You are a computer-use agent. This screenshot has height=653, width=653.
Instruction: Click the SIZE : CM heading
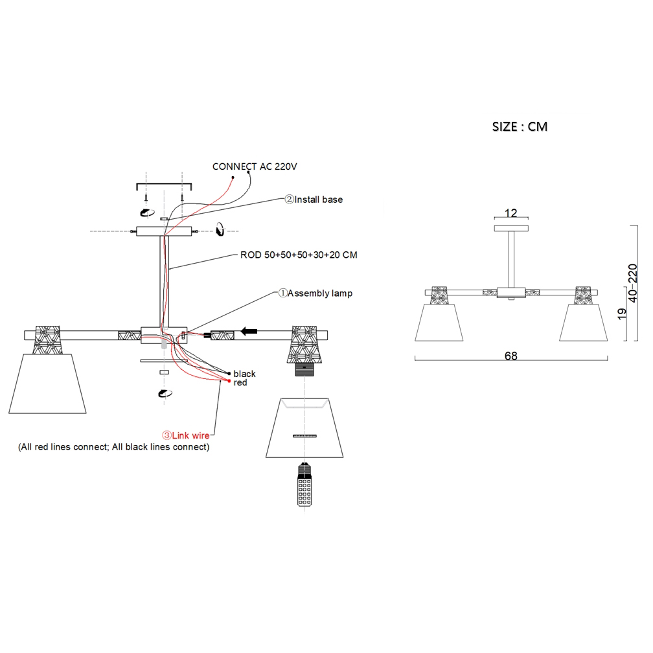click(x=520, y=126)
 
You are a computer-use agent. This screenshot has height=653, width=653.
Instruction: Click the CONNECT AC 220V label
click(x=254, y=166)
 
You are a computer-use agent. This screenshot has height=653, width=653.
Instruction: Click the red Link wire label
click(x=185, y=436)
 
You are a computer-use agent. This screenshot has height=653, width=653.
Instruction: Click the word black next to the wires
click(x=245, y=374)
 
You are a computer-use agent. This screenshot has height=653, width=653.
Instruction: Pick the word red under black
click(x=240, y=383)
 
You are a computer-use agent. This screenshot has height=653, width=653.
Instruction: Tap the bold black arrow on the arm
click(x=249, y=332)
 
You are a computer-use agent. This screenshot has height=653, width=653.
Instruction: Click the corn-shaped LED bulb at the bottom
click(x=303, y=487)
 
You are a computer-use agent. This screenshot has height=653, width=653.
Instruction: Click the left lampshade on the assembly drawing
click(x=48, y=383)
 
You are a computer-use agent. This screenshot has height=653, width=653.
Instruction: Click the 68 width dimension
click(x=510, y=356)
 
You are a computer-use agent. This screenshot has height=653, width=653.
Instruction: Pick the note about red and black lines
click(x=114, y=447)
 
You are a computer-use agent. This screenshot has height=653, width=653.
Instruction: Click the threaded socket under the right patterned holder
click(x=304, y=370)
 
